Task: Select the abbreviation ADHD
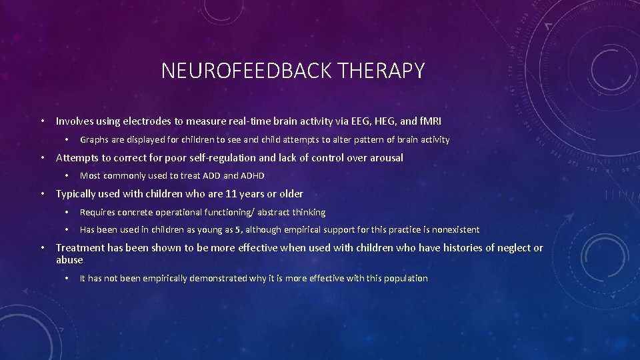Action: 252,176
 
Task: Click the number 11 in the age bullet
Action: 231,194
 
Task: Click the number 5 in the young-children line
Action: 237,230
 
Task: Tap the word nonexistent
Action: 455,230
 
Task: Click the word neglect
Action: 511,248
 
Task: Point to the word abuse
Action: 69,260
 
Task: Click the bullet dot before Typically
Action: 42,194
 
